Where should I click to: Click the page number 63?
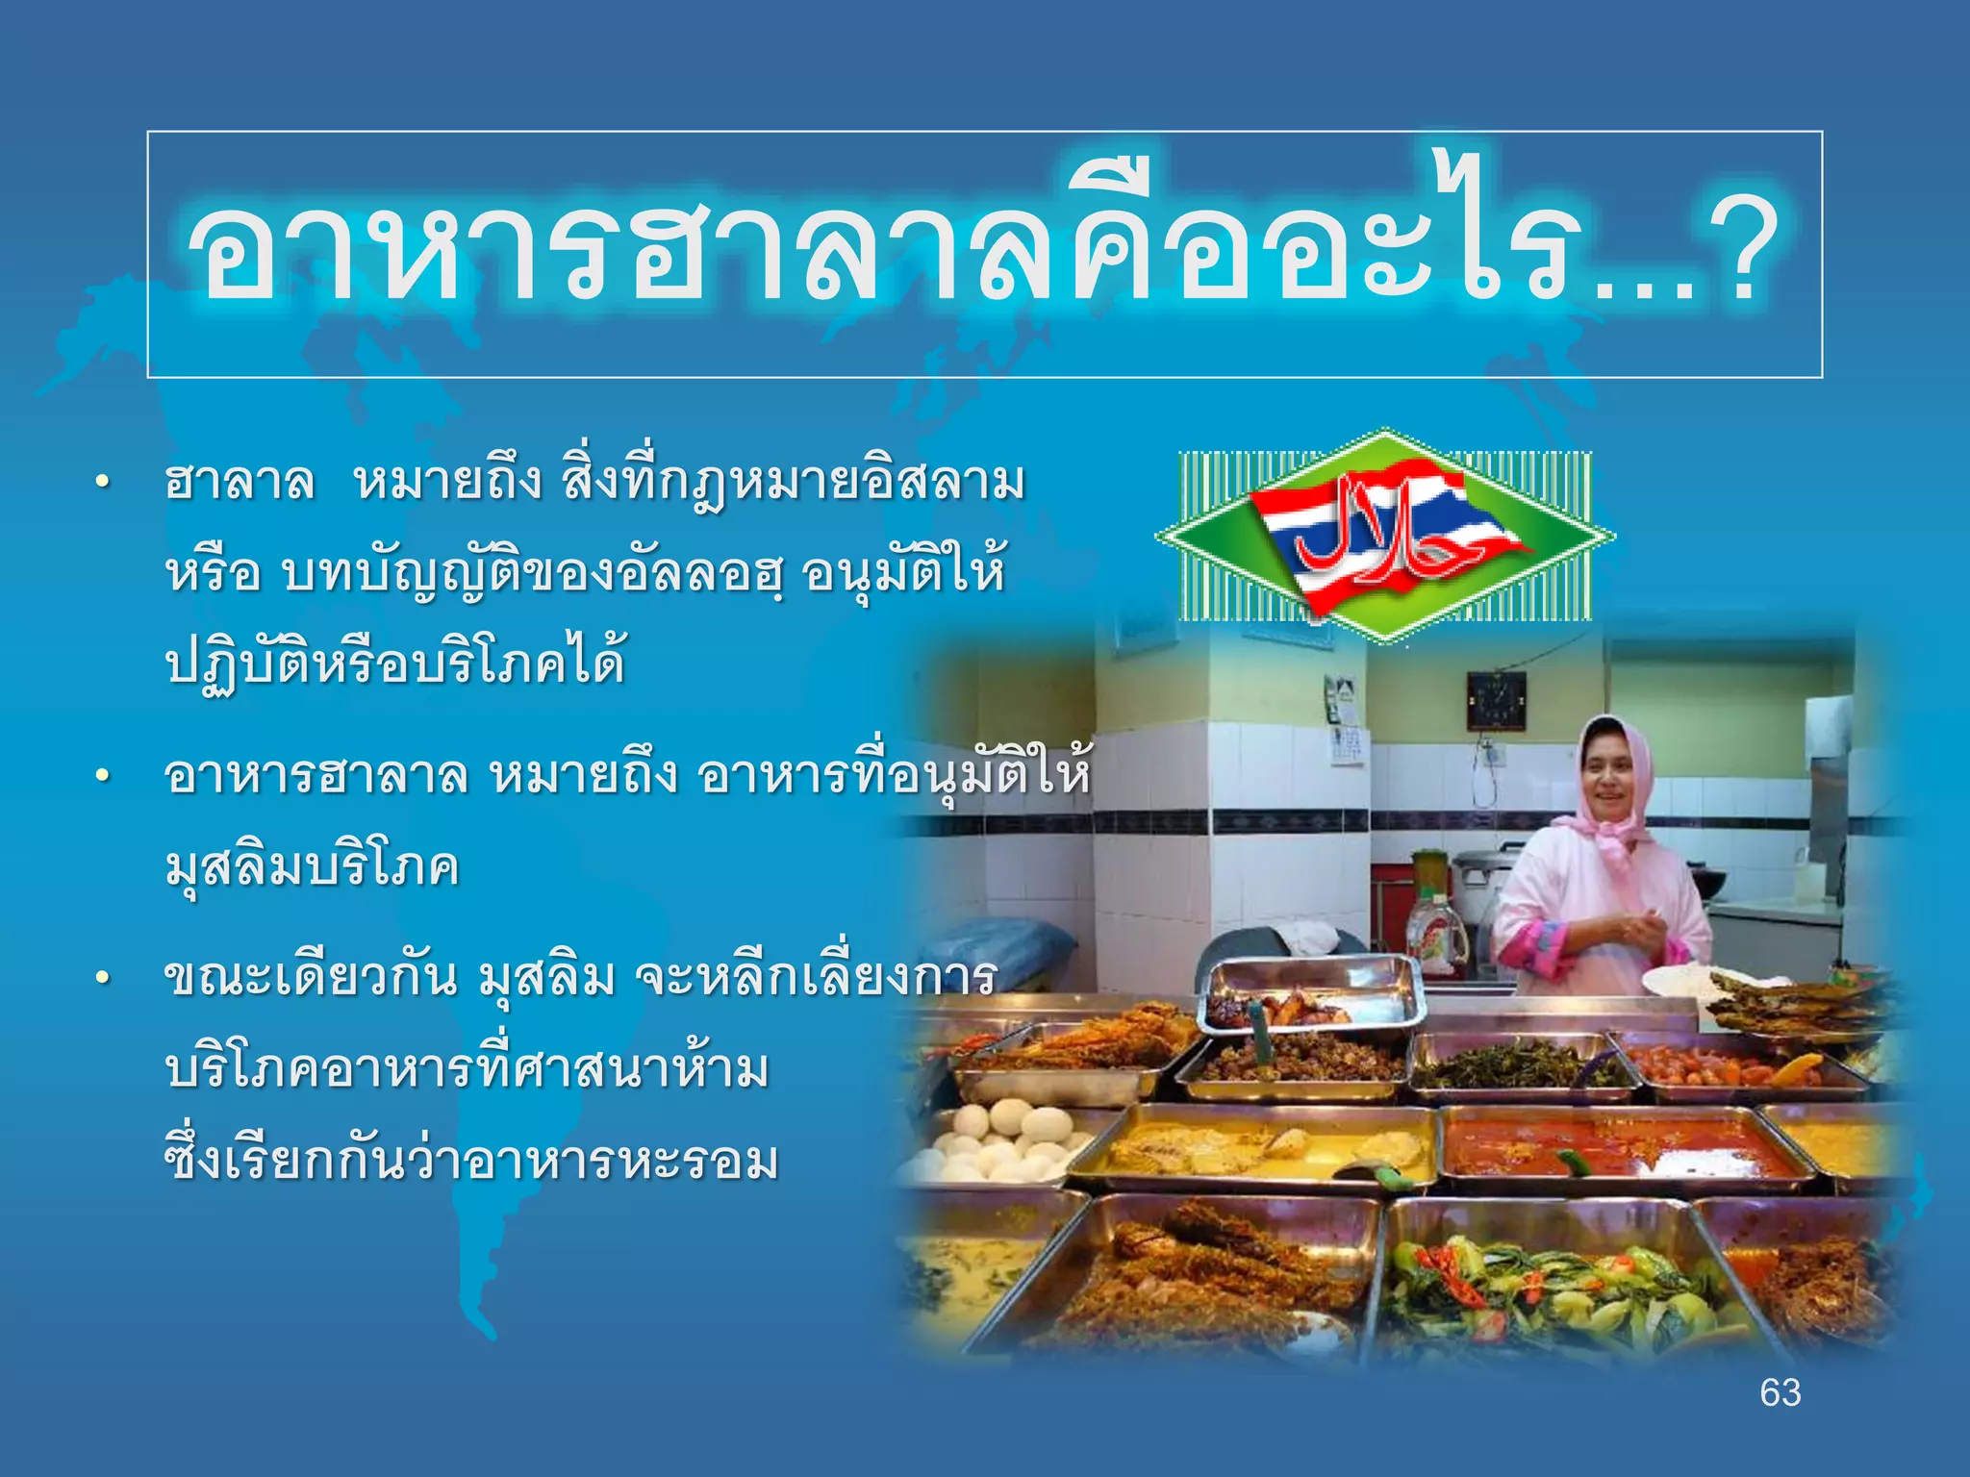(x=1780, y=1392)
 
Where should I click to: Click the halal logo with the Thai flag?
(x=1385, y=537)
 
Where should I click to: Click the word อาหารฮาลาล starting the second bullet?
(x=316, y=775)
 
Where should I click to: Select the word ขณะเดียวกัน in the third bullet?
(x=310, y=979)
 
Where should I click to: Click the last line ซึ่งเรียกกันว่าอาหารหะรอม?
(x=471, y=1162)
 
